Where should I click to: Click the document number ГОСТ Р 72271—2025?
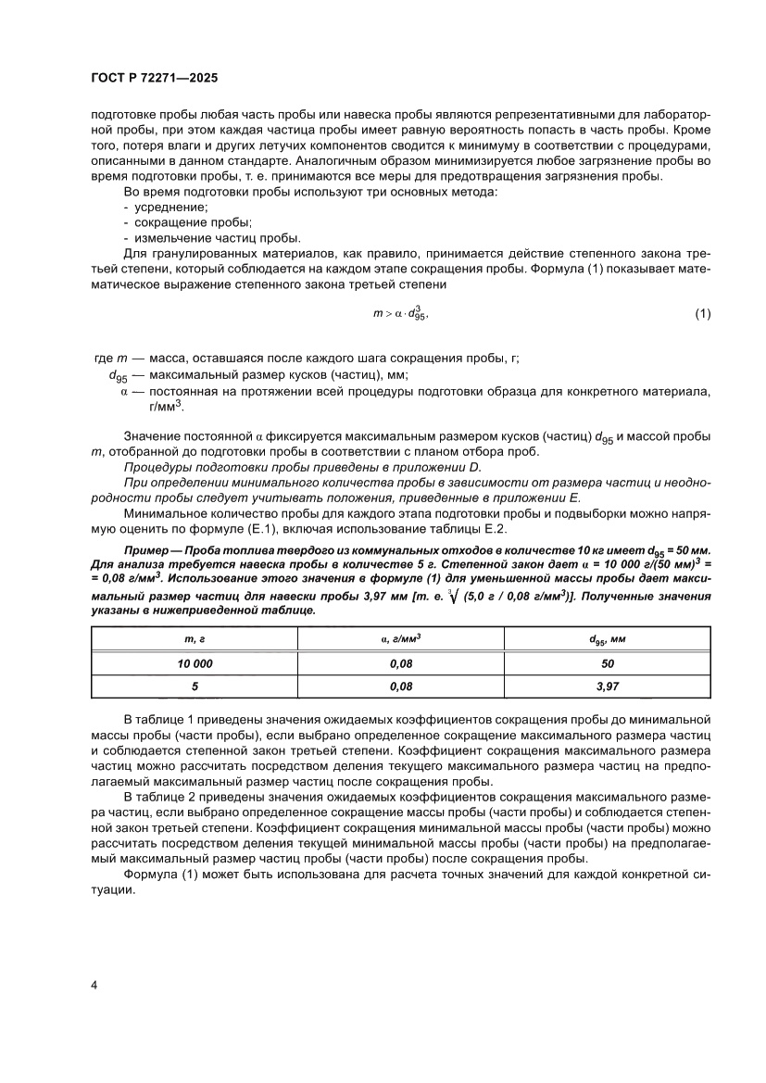pyautogui.click(x=154, y=79)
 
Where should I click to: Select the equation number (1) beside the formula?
pyautogui.click(x=702, y=313)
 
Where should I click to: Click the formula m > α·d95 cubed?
pyautogui.click(x=400, y=313)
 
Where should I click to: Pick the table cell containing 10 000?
pyautogui.click(x=195, y=664)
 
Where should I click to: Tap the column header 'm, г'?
pyautogui.click(x=195, y=640)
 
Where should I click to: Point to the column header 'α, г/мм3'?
pyautogui.click(x=401, y=640)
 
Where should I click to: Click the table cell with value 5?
pyautogui.click(x=195, y=687)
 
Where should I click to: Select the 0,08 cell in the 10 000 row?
pyautogui.click(x=401, y=664)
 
